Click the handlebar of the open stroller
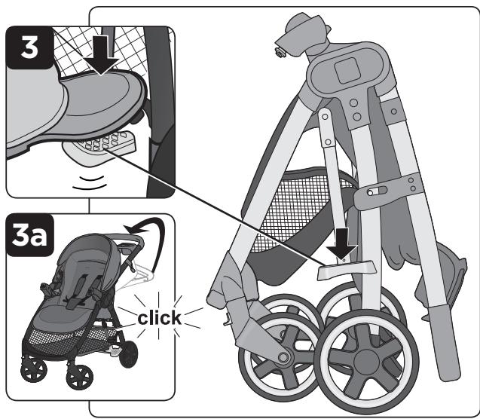[x=128, y=241]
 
